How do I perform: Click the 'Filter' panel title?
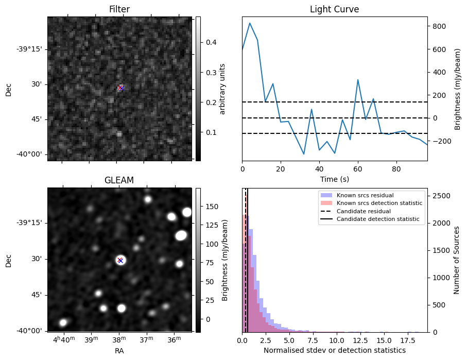(x=119, y=9)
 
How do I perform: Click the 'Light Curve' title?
(x=334, y=9)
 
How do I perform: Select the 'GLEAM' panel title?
(x=119, y=180)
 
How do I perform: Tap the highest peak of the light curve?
(x=250, y=23)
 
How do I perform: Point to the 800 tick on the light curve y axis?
(x=439, y=26)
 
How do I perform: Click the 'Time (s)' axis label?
(x=334, y=179)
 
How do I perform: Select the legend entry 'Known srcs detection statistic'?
(x=379, y=203)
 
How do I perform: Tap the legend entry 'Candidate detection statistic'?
(x=378, y=219)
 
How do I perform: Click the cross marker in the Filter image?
(x=120, y=89)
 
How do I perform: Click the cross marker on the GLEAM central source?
(x=120, y=260)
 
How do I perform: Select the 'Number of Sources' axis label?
(x=456, y=260)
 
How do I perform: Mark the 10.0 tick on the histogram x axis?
(x=337, y=340)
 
